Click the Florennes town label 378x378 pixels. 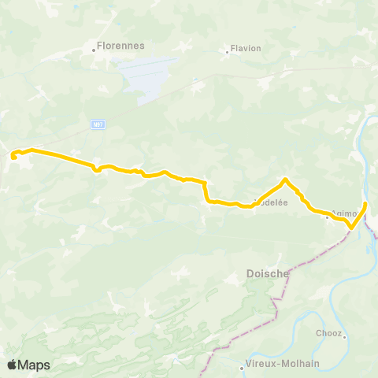120,46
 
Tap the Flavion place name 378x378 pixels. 246,48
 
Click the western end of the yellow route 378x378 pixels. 14,157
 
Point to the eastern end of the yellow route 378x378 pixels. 365,204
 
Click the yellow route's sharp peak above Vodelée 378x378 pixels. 285,180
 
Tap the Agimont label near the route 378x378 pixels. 345,213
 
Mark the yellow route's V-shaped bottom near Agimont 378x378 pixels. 350,229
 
